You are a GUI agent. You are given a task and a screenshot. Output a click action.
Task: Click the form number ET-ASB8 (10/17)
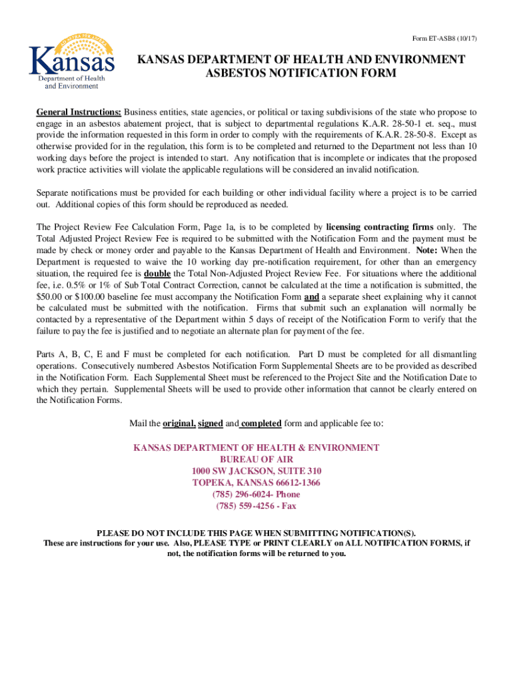point(442,38)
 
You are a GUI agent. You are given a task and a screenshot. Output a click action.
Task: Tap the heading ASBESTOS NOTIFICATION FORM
point(301,73)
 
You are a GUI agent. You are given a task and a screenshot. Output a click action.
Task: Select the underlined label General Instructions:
point(79,112)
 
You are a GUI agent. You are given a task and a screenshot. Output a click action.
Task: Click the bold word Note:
point(428,250)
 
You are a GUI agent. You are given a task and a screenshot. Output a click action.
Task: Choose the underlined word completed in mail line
point(261,424)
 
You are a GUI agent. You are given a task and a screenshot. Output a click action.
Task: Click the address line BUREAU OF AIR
point(256,460)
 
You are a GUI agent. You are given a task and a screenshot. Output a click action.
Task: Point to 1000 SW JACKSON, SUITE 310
point(256,472)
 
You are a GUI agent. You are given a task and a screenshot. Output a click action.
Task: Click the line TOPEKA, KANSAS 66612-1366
point(256,483)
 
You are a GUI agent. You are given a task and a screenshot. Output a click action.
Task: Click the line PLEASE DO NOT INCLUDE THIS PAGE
point(256,533)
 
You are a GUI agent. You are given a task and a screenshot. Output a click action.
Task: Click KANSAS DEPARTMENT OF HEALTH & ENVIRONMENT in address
point(256,448)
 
